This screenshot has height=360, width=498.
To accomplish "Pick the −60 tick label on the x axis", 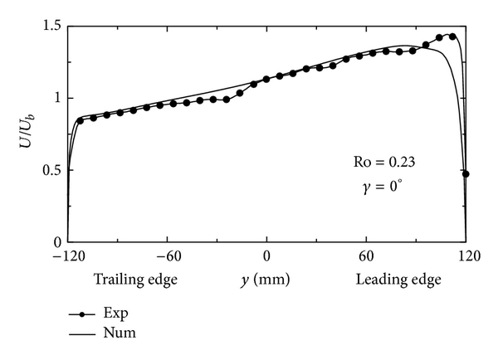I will (x=168, y=257).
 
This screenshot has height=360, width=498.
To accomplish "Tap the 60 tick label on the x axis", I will (x=366, y=257).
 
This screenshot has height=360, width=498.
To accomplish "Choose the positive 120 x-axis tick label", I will (x=465, y=257).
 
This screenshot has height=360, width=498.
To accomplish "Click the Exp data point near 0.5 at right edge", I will (x=466, y=174).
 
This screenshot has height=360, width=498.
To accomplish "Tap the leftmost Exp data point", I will (x=80, y=120).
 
